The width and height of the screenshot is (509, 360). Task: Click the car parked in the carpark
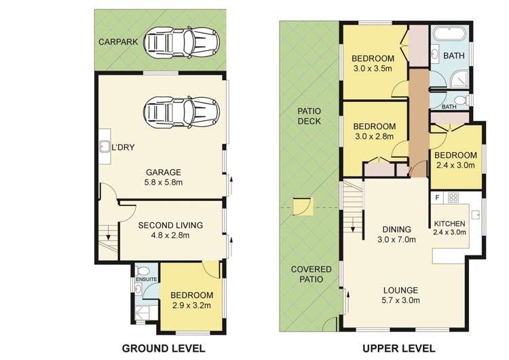[181, 43]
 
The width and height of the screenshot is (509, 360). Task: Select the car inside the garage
[181, 113]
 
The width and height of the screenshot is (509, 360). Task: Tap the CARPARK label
[118, 42]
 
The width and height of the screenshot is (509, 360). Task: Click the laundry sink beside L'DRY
[105, 147]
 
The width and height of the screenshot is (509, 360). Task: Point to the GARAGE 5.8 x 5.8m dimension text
[164, 182]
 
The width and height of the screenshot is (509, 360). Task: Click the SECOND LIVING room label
[170, 225]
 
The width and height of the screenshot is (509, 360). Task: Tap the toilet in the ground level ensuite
[143, 270]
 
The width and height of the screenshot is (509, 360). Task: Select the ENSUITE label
[147, 279]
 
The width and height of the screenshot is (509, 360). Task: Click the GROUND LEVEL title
[164, 348]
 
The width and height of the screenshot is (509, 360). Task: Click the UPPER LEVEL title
[398, 348]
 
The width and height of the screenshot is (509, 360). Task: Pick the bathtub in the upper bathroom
[450, 35]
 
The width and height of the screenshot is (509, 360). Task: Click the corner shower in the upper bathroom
[459, 79]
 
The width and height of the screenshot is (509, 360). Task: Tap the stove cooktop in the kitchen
[453, 198]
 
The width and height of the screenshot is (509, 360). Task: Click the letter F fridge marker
[437, 197]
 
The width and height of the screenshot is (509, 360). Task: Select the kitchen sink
[476, 215]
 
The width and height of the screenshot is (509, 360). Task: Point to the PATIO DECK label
[309, 116]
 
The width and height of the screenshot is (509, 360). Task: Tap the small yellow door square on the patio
[303, 206]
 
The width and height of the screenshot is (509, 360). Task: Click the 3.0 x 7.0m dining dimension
[396, 240]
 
